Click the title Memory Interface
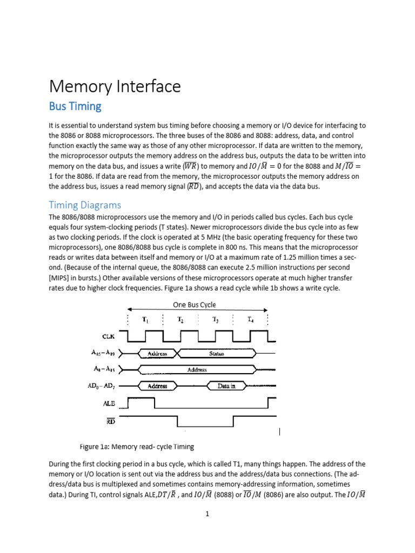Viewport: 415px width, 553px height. tap(115, 86)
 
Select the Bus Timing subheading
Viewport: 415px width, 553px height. tap(75, 106)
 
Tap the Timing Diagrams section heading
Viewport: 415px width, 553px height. tap(85, 205)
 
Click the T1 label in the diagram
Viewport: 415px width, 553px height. tap(146, 319)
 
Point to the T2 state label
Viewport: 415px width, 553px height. tap(180, 319)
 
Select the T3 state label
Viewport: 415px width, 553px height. tap(216, 319)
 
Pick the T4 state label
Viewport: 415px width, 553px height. tap(251, 319)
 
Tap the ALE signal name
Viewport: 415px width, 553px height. tap(103, 403)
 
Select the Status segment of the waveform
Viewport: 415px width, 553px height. tap(217, 354)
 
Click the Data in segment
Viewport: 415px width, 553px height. tap(226, 386)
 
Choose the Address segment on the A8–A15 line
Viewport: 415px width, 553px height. tap(197, 370)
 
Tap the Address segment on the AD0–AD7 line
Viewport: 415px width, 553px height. tap(157, 386)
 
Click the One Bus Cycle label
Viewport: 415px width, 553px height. tap(195, 305)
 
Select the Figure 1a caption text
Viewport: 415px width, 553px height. tap(137, 447)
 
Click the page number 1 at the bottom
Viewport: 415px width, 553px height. tap(207, 514)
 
